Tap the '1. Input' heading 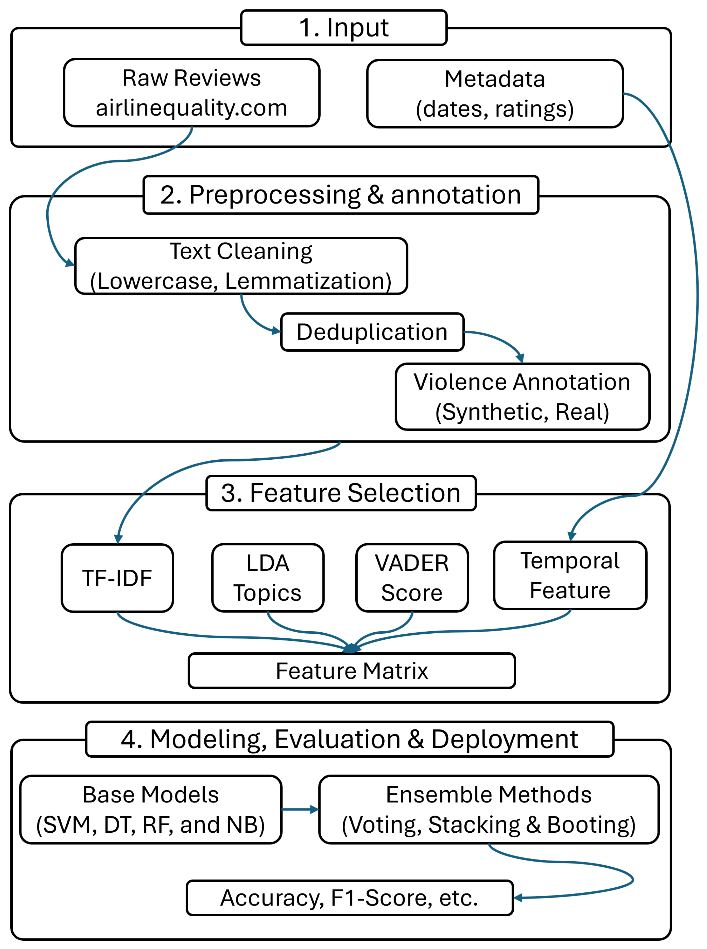click(344, 28)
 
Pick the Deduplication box click(372, 332)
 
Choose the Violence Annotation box click(523, 396)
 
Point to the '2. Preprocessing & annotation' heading click(341, 195)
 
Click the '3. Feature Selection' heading click(341, 493)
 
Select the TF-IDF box click(117, 578)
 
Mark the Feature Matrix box click(352, 670)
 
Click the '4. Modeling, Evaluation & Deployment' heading click(350, 739)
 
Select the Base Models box click(151, 809)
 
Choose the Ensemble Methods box click(489, 809)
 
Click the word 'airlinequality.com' click(192, 108)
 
